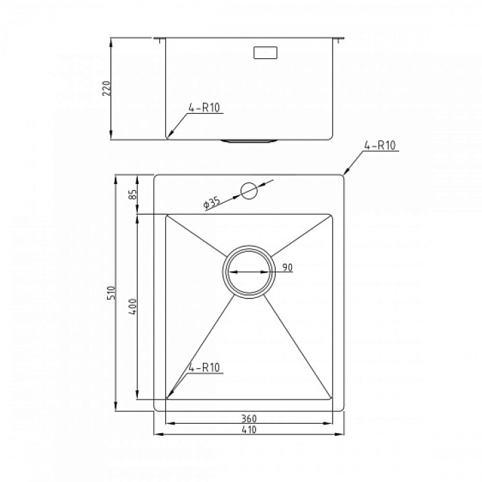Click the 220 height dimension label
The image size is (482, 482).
click(106, 88)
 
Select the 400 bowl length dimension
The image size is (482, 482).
click(133, 307)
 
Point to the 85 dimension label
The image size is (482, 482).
click(133, 194)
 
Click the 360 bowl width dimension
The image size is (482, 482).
click(248, 418)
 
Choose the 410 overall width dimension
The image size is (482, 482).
click(248, 429)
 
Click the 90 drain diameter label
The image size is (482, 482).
click(287, 267)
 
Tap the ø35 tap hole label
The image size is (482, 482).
click(212, 204)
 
